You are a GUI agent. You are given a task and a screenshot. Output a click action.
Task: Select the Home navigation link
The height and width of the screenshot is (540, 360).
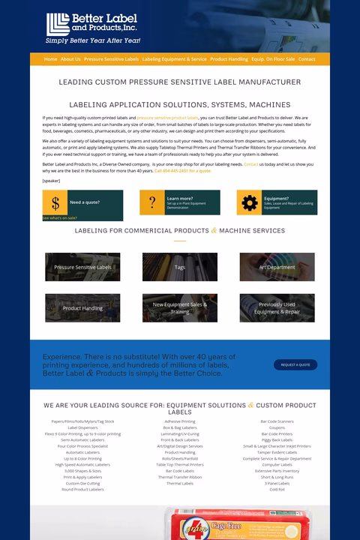51,59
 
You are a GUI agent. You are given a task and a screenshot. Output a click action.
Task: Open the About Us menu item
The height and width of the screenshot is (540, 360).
70,59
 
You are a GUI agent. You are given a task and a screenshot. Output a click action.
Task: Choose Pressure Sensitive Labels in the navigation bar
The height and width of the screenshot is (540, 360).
111,59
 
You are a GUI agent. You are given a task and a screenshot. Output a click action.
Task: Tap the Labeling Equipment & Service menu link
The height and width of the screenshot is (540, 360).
174,59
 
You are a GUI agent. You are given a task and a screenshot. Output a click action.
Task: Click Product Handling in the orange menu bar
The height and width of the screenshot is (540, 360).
229,59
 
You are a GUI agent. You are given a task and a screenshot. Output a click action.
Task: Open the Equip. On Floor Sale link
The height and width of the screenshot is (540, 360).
273,59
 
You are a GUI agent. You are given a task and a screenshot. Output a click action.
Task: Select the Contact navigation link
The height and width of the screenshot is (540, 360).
307,59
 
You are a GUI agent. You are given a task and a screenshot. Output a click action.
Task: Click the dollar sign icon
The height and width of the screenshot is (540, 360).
55,202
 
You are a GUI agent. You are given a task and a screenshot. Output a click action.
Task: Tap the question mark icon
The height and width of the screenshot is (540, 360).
152,202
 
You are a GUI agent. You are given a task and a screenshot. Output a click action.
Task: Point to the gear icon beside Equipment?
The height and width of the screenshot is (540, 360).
250,202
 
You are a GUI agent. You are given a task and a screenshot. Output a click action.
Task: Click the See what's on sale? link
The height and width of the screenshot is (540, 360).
60,217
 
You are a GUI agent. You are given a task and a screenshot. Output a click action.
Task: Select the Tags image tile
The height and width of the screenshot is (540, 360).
180,267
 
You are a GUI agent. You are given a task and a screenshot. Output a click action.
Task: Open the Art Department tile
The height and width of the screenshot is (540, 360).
277,267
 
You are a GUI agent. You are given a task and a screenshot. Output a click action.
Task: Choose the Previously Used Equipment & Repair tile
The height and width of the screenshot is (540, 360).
277,307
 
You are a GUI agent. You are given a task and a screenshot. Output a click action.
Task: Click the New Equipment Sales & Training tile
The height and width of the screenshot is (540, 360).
180,307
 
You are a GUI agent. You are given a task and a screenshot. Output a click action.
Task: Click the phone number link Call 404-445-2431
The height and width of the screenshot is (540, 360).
183,171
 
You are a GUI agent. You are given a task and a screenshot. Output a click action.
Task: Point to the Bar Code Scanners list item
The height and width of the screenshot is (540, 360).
277,421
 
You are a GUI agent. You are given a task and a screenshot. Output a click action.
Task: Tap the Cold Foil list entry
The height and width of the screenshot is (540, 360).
277,489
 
